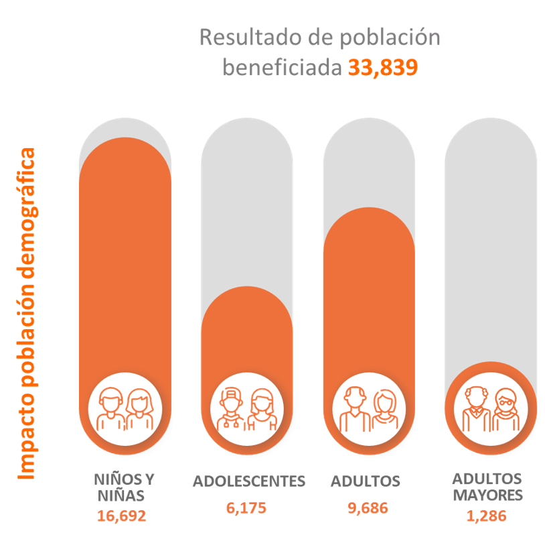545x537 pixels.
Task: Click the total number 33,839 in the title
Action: pyautogui.click(x=382, y=68)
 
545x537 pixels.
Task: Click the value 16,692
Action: pyautogui.click(x=121, y=516)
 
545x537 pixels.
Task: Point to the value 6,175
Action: pyautogui.click(x=246, y=508)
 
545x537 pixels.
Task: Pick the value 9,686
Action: pyautogui.click(x=368, y=508)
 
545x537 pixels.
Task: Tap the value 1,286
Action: pyautogui.click(x=486, y=516)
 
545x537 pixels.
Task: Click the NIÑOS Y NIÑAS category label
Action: pyautogui.click(x=124, y=487)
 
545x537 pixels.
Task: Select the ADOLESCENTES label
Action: pyautogui.click(x=248, y=481)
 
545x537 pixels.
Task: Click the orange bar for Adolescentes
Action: pyautogui.click(x=247, y=329)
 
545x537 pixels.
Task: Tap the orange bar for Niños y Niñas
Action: pyautogui.click(x=125, y=255)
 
